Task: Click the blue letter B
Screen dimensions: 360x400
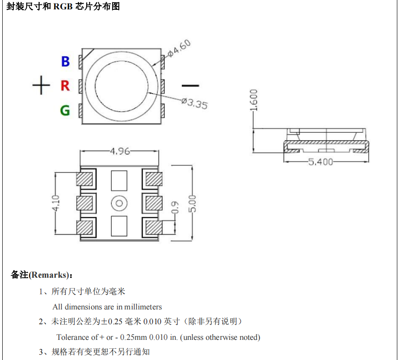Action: coord(65,61)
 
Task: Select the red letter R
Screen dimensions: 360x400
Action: coord(65,85)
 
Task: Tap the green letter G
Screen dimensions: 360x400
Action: coord(65,110)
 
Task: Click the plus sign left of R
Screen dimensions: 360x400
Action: coord(41,85)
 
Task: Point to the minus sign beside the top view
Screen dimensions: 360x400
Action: coord(190,85)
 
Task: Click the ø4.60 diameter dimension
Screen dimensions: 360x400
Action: coord(180,48)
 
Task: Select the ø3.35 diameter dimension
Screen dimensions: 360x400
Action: coord(194,103)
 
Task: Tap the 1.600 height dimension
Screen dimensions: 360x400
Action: coord(254,100)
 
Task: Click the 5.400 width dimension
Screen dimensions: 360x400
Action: coord(320,161)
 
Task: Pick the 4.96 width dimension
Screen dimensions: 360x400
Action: coord(120,151)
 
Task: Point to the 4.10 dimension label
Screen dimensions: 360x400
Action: coord(55,203)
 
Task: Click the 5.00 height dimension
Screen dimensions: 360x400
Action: coord(193,203)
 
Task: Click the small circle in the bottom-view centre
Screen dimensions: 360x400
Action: coord(119,203)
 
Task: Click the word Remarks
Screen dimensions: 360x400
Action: coord(50,275)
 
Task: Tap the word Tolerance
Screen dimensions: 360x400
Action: coord(73,337)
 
